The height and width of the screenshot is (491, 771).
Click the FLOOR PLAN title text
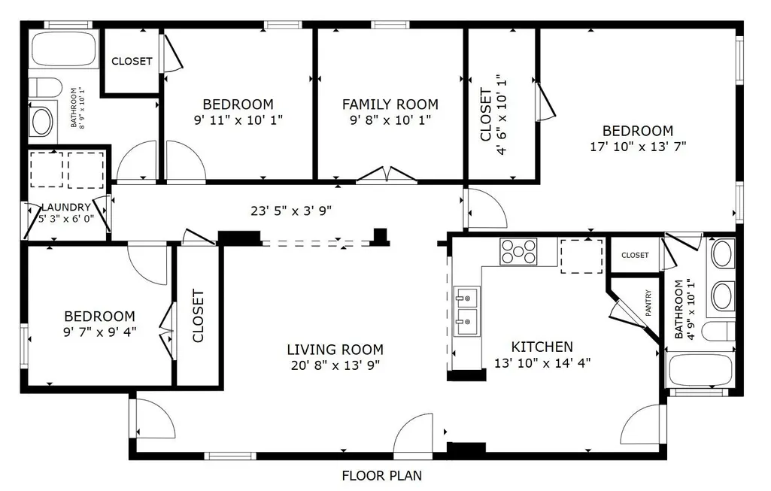381,476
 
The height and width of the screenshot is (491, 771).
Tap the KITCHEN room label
542,347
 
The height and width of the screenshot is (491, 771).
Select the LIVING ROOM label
335,350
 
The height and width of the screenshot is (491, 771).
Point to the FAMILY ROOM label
390,105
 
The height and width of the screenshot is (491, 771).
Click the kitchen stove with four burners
518,251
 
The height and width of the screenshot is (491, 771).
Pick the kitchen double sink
466,311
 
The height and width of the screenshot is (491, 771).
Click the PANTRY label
648,303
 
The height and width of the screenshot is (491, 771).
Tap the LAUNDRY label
66,208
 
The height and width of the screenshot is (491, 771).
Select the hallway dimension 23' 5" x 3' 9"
291,211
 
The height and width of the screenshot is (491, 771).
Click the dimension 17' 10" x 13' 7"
638,147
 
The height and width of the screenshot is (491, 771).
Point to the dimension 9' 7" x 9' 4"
100,332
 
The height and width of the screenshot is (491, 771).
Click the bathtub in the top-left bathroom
65,49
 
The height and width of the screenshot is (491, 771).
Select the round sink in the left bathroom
41,121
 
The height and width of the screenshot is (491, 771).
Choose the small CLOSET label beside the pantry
635,255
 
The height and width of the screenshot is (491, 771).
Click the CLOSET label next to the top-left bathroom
132,62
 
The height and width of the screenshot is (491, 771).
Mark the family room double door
387,174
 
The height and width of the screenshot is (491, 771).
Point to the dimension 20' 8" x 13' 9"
335,365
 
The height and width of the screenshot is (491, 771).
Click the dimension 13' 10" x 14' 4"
542,363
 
